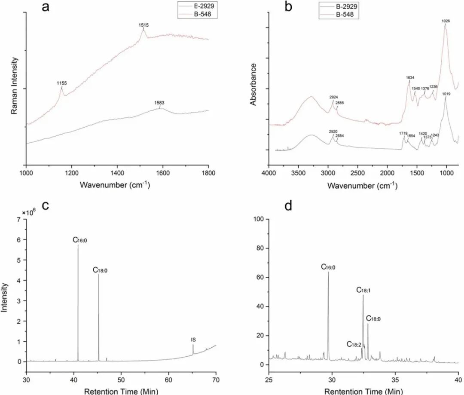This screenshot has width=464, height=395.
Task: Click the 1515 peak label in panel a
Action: pos(143,25)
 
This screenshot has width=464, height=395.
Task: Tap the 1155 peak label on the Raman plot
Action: pos(61,83)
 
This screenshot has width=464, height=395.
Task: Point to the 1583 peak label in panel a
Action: pos(160,103)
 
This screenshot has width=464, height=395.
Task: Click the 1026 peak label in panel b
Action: pos(446,21)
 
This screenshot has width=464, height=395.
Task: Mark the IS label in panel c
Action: pos(193,340)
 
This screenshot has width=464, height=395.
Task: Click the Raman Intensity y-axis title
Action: pos(14,86)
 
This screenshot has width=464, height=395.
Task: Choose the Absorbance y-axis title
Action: pos(253,84)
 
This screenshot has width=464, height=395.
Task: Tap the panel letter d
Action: pos(288,206)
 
